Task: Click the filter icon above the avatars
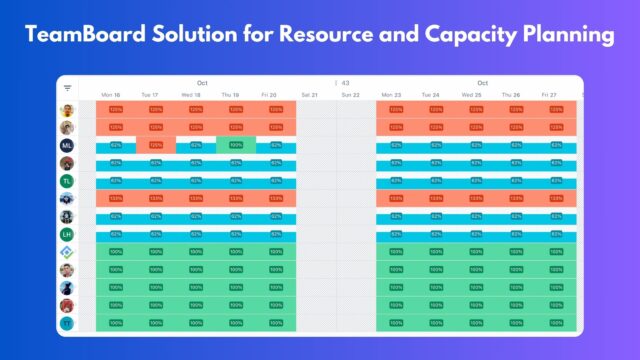coord(67,88)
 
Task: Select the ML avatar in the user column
coord(67,145)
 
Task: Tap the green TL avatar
coord(67,181)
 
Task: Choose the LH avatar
coord(67,234)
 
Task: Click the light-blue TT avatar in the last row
coord(67,323)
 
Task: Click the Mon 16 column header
coord(112,96)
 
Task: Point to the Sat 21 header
coord(309,96)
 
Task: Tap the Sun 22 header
coord(350,96)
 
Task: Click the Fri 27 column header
coord(549,96)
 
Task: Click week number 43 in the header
coord(345,83)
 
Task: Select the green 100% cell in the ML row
coord(236,145)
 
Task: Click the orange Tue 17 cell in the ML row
coord(156,145)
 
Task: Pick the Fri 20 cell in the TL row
coord(276,181)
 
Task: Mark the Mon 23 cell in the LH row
coord(396,234)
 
